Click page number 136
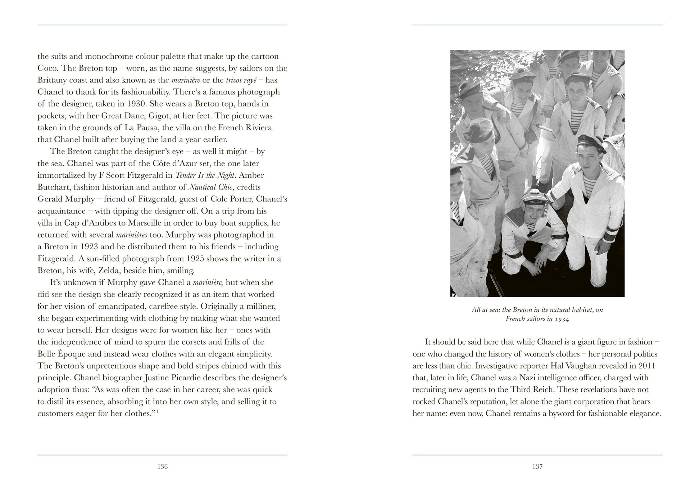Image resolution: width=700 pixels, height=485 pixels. coord(163,467)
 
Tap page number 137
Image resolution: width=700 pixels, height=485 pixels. coord(537,467)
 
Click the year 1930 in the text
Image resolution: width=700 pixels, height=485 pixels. coord(136,104)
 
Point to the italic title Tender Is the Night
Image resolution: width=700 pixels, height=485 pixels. coord(205,175)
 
